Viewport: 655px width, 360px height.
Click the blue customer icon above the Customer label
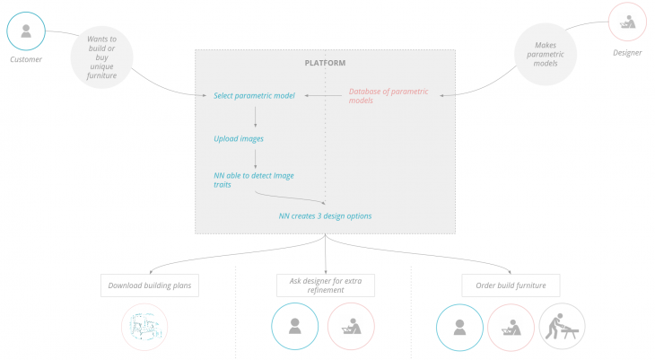pyautogui.click(x=26, y=31)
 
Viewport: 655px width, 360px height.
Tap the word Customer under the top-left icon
pyautogui.click(x=26, y=60)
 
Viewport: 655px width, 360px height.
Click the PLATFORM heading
pyautogui.click(x=324, y=63)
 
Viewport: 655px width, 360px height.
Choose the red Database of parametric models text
pyautogui.click(x=389, y=95)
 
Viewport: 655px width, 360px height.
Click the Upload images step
pyautogui.click(x=239, y=138)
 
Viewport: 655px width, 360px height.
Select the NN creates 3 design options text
pyautogui.click(x=325, y=216)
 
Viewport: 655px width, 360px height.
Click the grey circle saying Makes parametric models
pyautogui.click(x=546, y=55)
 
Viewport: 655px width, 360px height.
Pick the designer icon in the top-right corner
pyautogui.click(x=629, y=23)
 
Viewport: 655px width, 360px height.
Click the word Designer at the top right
pyautogui.click(x=627, y=52)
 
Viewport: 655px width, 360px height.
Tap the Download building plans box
pyautogui.click(x=150, y=286)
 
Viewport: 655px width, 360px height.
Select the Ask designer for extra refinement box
pyautogui.click(x=325, y=285)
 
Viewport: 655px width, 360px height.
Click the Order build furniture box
pyautogui.click(x=511, y=286)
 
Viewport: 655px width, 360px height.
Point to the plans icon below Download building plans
pyautogui.click(x=144, y=327)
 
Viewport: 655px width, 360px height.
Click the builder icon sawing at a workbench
pyautogui.click(x=562, y=327)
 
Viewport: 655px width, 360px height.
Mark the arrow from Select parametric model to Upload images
pyautogui.click(x=256, y=116)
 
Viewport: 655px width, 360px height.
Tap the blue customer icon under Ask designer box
pyautogui.click(x=294, y=327)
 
